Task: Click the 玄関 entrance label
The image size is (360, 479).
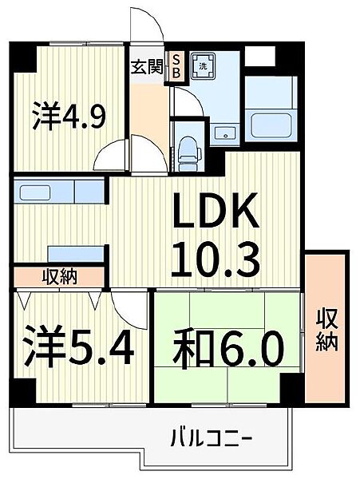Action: tap(147, 67)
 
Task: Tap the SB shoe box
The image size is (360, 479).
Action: tap(176, 66)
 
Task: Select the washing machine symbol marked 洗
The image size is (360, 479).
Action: tap(203, 66)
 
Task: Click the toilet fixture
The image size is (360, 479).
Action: tap(190, 153)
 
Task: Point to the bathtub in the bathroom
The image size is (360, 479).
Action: tap(271, 125)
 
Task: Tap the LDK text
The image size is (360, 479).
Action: tap(216, 211)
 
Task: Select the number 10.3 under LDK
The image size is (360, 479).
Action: tap(216, 259)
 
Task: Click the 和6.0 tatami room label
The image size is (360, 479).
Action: tap(227, 350)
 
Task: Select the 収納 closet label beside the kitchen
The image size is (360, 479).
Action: tap(60, 277)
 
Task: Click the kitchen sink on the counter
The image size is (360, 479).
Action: tap(35, 192)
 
